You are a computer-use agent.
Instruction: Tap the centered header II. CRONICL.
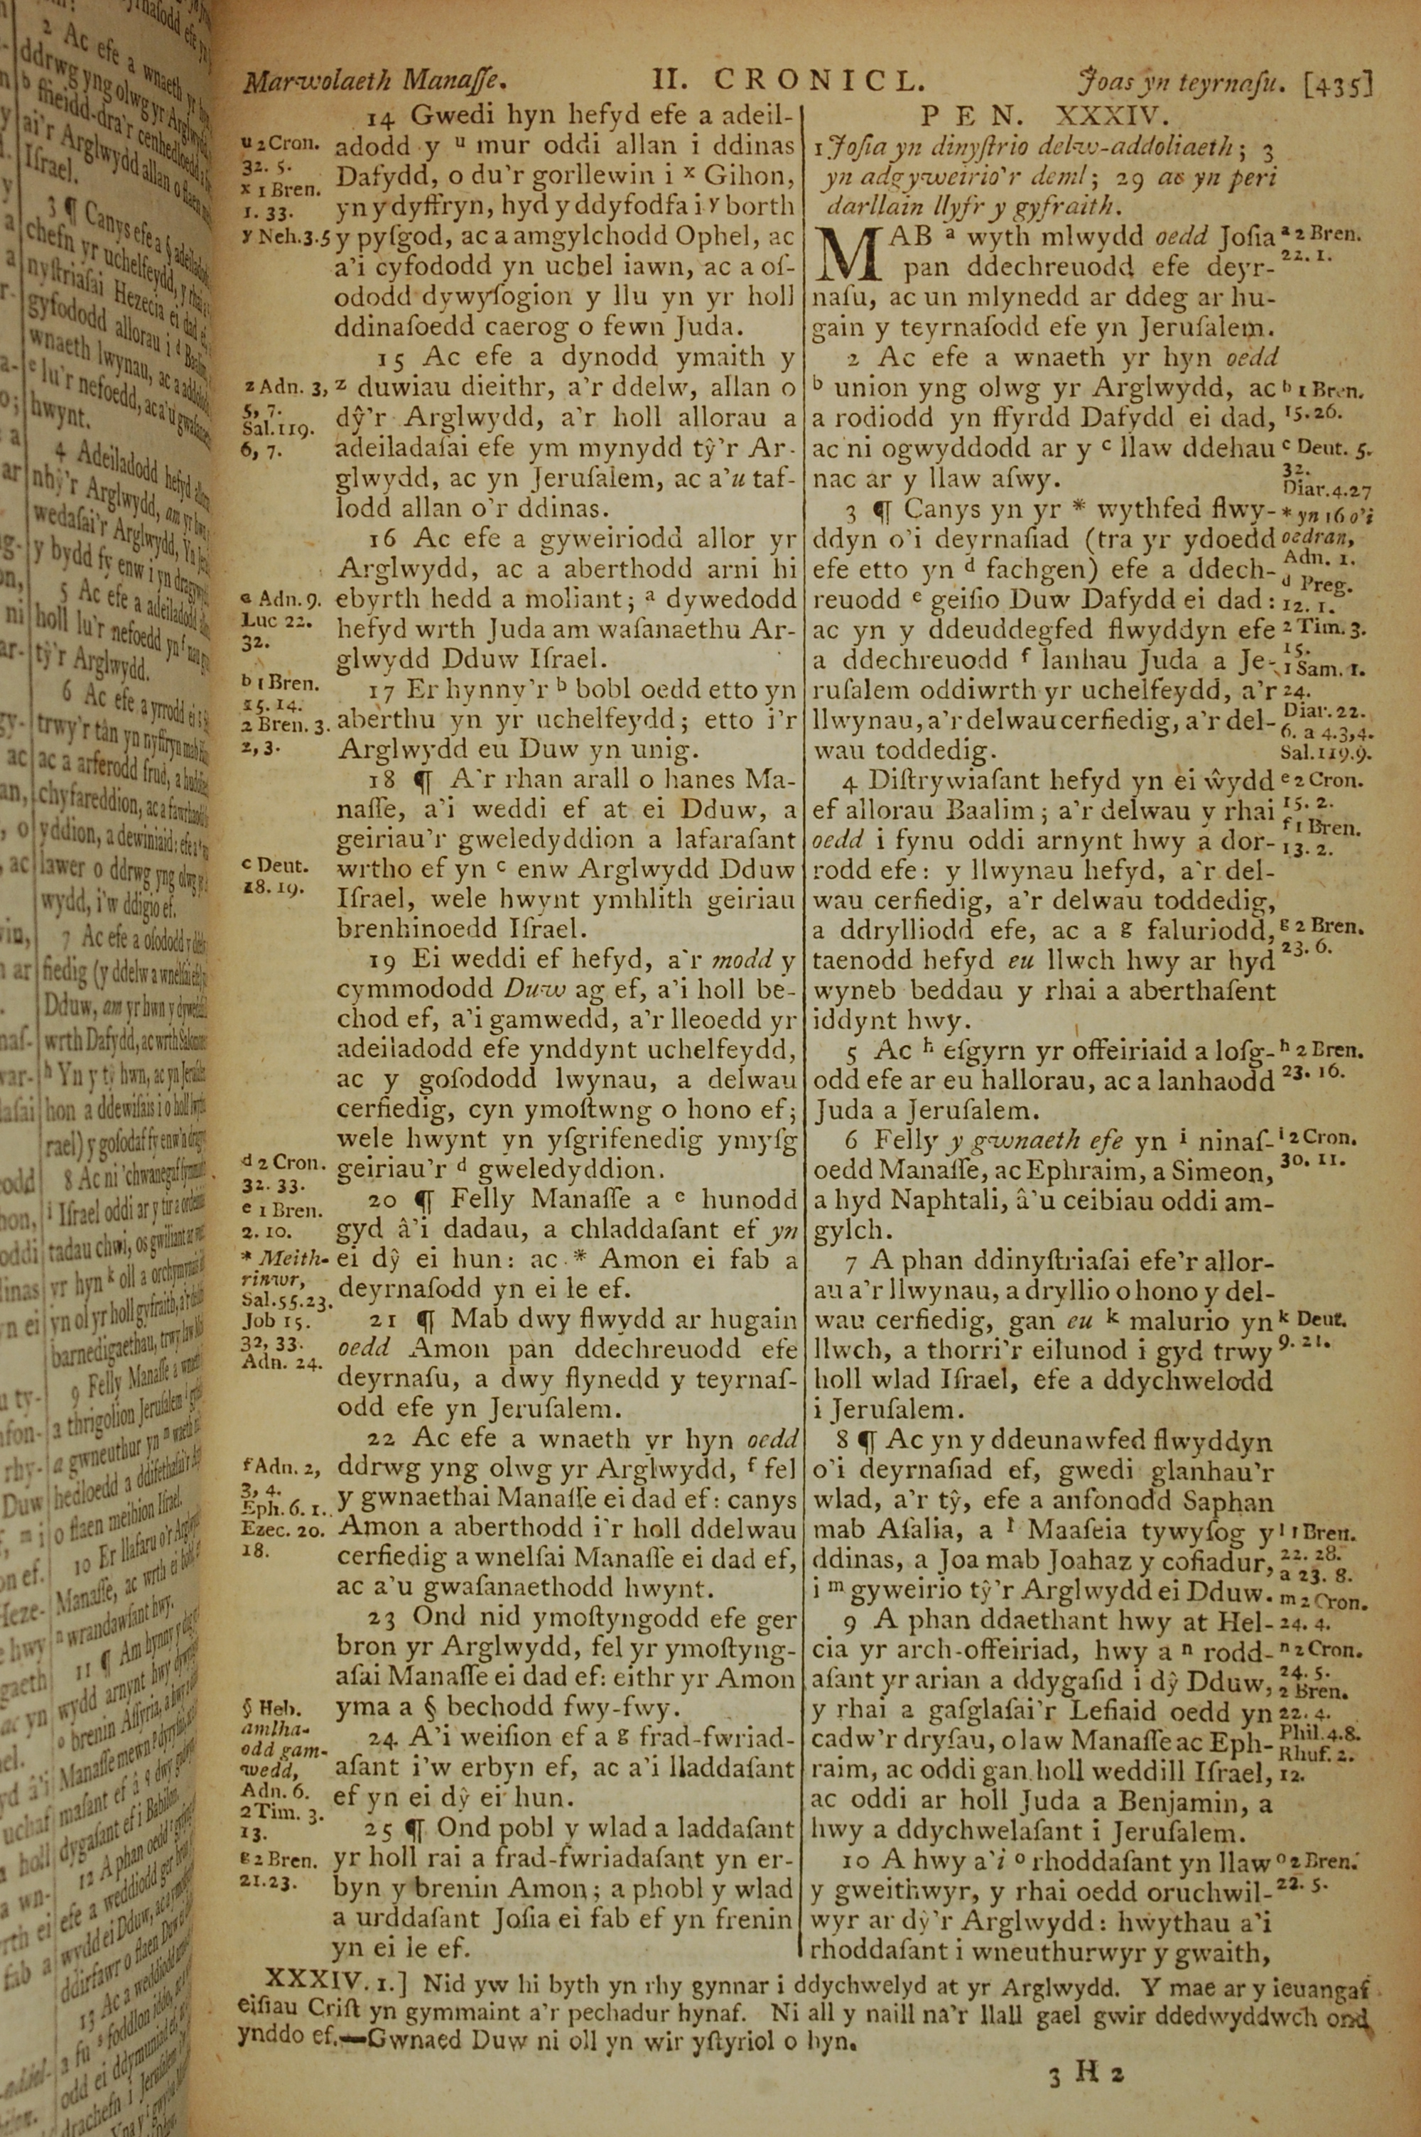coord(789,82)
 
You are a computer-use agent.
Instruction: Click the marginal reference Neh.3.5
coord(286,237)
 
